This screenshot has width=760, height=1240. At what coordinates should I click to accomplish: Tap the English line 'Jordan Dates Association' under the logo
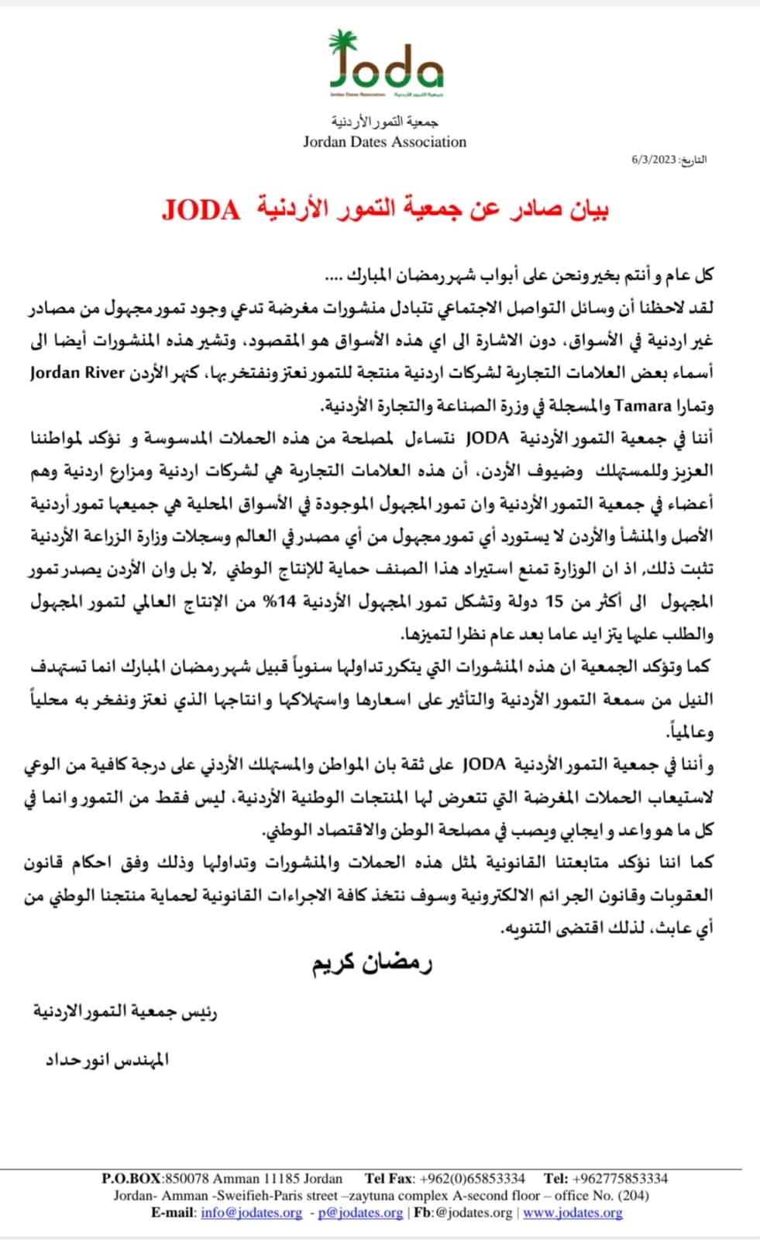pyautogui.click(x=384, y=142)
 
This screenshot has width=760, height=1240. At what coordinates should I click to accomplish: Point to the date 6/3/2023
pyautogui.click(x=654, y=160)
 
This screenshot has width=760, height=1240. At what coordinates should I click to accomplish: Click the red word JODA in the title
pyautogui.click(x=201, y=209)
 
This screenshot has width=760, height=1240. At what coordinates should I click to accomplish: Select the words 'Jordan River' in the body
pyautogui.click(x=77, y=373)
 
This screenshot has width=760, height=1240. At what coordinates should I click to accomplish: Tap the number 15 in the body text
pyautogui.click(x=555, y=601)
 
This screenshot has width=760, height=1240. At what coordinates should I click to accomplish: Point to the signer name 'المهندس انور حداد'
pyautogui.click(x=107, y=1059)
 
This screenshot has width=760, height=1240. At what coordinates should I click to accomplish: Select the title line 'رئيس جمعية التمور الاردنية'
pyautogui.click(x=125, y=1011)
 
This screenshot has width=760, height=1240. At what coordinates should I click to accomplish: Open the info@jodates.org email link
pyautogui.click(x=251, y=1213)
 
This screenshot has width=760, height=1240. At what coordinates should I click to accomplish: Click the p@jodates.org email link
pyautogui.click(x=360, y=1213)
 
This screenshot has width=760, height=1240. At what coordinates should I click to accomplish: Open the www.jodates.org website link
pyautogui.click(x=573, y=1213)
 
